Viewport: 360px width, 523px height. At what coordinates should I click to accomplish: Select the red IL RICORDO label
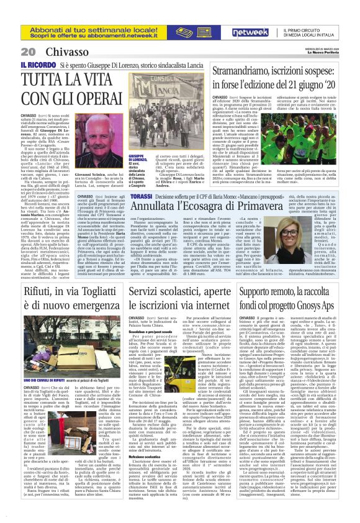(x=38, y=65)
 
